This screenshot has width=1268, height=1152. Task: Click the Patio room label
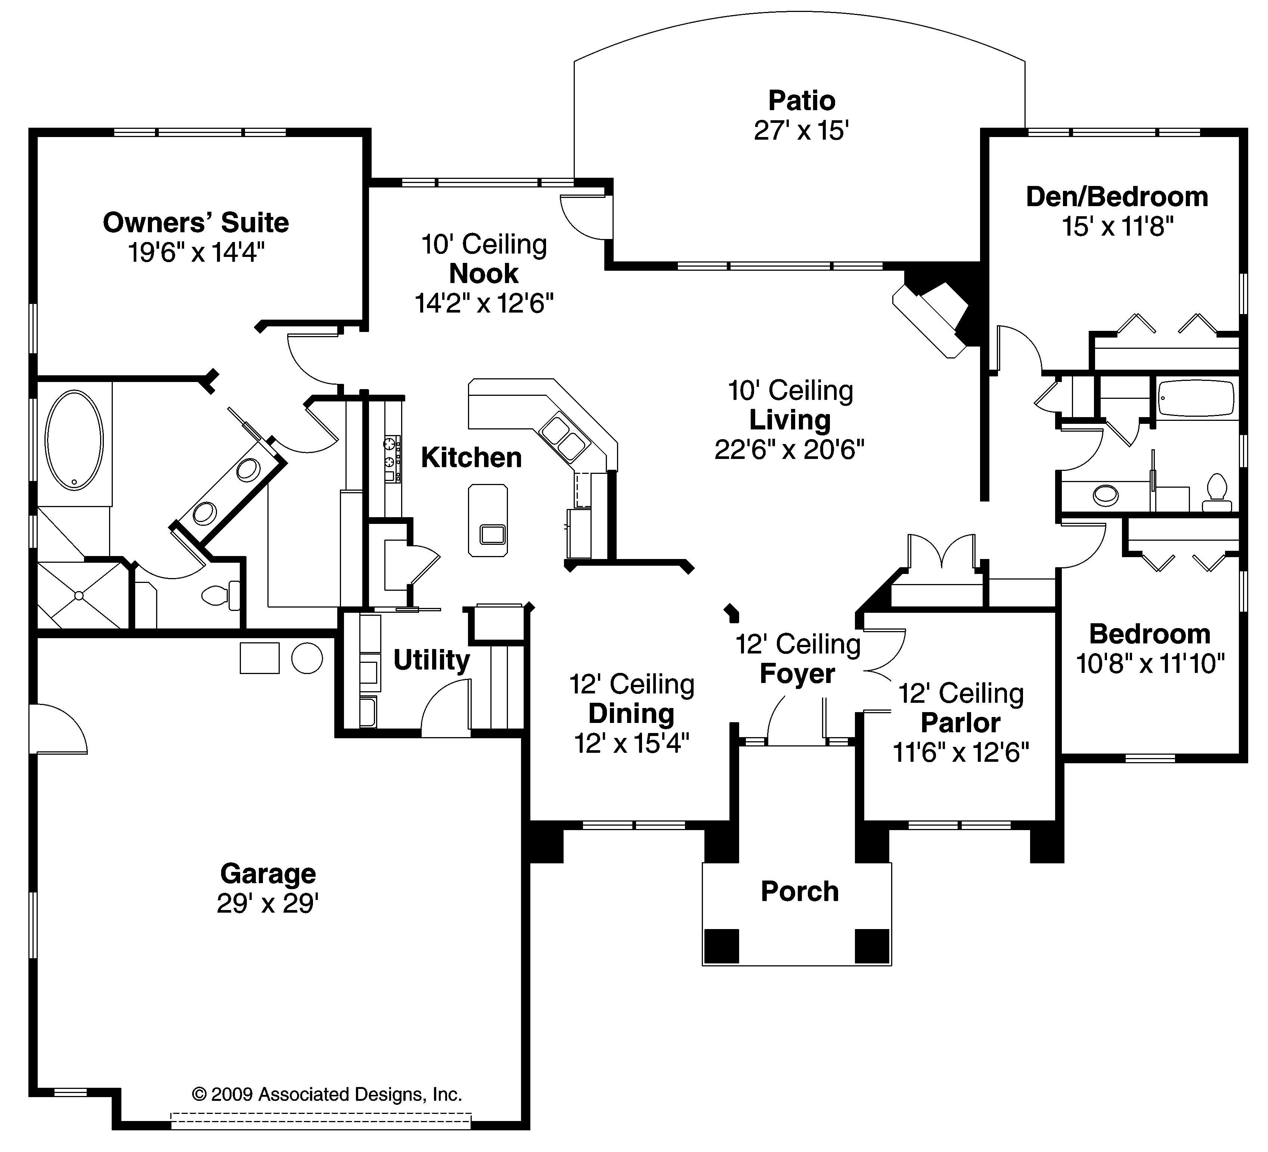[801, 100]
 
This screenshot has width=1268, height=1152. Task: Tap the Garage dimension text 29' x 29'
[268, 904]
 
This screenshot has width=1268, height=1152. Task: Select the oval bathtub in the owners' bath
[74, 440]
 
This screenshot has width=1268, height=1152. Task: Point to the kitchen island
[487, 520]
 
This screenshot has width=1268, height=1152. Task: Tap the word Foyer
[797, 674]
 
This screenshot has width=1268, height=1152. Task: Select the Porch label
[799, 891]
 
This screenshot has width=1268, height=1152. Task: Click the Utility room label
[431, 659]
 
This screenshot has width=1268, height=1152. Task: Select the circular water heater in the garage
[307, 658]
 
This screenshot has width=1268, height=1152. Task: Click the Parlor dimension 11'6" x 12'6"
[961, 752]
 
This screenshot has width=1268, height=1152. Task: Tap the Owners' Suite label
[196, 223]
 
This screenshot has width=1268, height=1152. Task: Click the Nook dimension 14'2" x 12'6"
[484, 304]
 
